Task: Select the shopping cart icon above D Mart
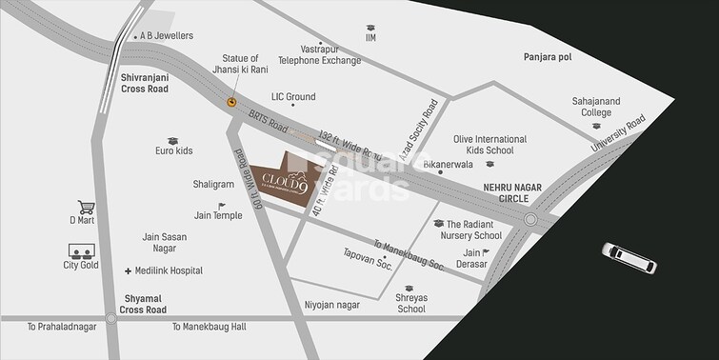tap(85, 207)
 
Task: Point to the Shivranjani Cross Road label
tap(144, 81)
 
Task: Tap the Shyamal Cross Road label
tap(144, 303)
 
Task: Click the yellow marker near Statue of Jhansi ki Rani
tap(230, 102)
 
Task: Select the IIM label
tap(370, 38)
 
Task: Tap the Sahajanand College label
tap(591, 106)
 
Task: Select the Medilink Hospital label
tap(170, 270)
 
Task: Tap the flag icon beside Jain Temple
tap(223, 206)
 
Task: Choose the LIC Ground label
tap(293, 97)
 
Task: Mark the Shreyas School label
tap(411, 303)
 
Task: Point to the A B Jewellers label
tap(164, 37)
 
